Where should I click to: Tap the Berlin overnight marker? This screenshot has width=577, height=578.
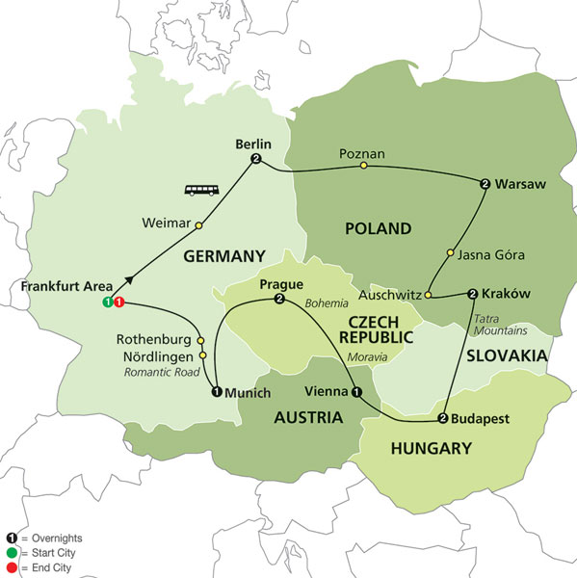[256, 159]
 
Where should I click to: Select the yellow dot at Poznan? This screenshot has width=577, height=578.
[363, 166]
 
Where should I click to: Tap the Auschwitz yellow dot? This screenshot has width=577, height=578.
[428, 295]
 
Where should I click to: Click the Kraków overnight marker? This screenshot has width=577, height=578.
[473, 294]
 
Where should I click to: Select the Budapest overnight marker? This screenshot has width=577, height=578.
[443, 418]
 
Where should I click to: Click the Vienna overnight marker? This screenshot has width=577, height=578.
[357, 392]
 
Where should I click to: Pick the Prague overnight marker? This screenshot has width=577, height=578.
[279, 301]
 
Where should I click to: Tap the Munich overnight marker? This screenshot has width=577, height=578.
[216, 391]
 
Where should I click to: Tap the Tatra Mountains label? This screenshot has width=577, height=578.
[499, 325]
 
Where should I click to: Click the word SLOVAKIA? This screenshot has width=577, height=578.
[507, 355]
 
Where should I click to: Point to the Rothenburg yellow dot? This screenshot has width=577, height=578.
[200, 341]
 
